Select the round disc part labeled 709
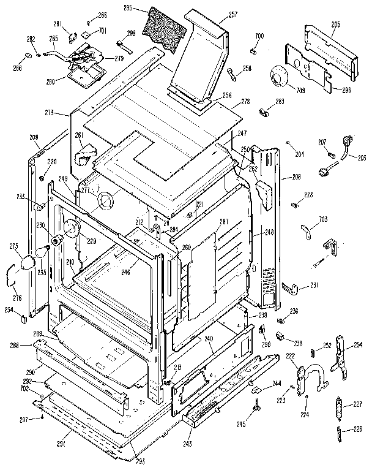point(283,77)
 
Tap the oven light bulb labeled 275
point(27,263)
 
